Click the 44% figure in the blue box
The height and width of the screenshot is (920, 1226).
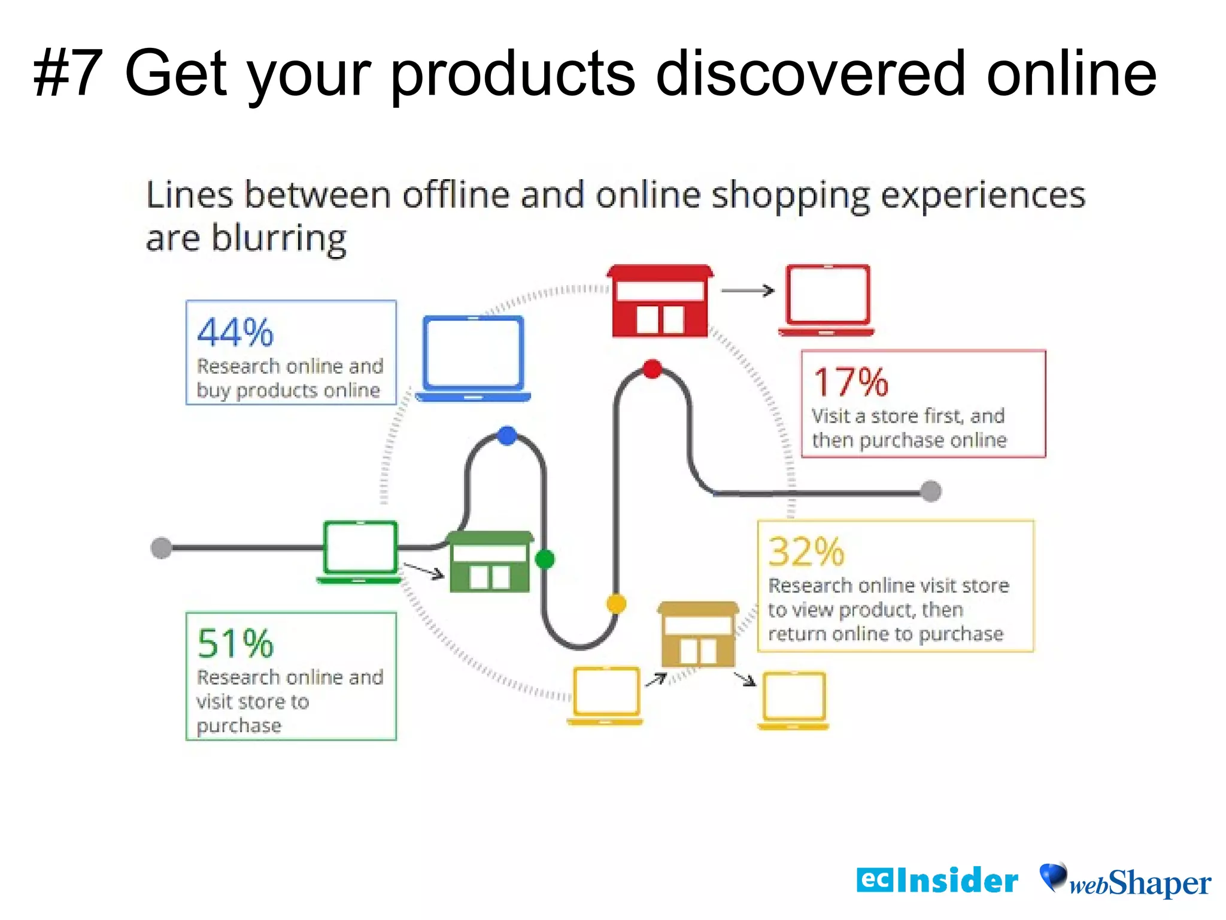click(x=235, y=333)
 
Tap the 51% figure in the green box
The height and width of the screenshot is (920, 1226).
click(x=235, y=644)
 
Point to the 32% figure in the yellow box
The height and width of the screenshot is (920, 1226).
click(x=806, y=552)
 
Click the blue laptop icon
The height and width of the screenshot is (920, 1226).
click(x=473, y=358)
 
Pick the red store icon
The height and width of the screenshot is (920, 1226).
click(x=660, y=301)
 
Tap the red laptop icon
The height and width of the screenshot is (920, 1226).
click(x=827, y=299)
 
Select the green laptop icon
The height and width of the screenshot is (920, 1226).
click(x=360, y=552)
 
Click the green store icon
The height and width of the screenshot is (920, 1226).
click(x=490, y=562)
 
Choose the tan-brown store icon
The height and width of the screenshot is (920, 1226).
click(x=698, y=634)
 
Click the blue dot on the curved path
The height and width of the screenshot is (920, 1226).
click(x=507, y=435)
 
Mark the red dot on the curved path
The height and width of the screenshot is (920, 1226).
click(x=652, y=369)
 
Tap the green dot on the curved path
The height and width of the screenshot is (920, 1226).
click(x=545, y=559)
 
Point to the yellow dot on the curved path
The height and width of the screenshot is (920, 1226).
click(x=616, y=603)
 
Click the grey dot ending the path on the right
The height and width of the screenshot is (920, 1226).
click(x=931, y=491)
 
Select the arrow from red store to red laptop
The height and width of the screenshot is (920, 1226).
click(x=748, y=290)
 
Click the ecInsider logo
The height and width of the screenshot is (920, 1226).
click(x=937, y=880)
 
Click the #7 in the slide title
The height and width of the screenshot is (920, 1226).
click(x=68, y=73)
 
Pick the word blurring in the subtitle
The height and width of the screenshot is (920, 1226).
click(x=279, y=238)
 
